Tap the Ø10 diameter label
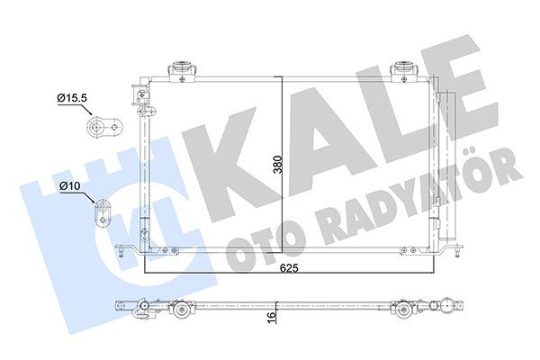(72, 186)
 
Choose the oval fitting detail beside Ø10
(103, 212)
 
